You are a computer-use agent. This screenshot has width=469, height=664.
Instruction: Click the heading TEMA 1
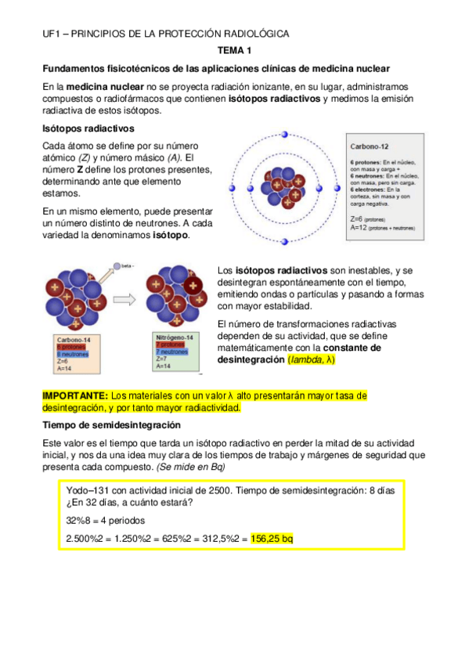(x=234, y=51)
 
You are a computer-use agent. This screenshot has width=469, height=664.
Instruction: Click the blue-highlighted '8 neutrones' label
(x=73, y=354)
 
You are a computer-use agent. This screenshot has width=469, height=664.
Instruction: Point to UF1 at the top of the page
(x=52, y=34)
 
